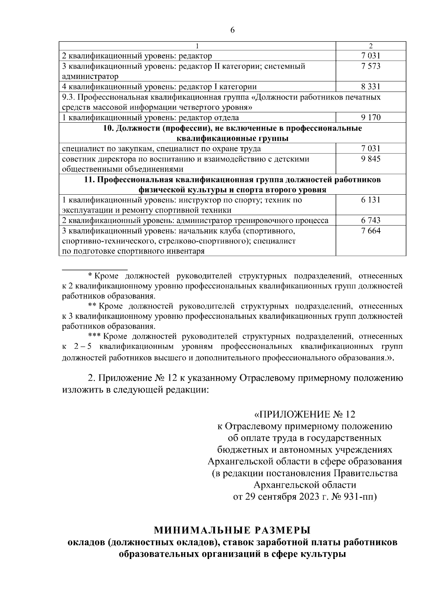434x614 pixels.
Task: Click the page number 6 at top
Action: [x=232, y=30]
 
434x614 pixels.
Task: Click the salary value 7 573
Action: [x=370, y=66]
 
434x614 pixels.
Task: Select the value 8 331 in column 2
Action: [x=370, y=87]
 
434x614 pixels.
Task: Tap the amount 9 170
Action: [x=370, y=118]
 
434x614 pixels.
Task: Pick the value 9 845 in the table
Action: [x=370, y=159]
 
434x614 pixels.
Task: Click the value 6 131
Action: [x=370, y=200]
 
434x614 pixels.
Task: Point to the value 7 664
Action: [x=370, y=231]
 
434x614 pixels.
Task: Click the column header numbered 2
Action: [x=370, y=46]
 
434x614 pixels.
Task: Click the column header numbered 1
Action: [x=197, y=46]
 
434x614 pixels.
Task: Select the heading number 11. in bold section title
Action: [x=89, y=180]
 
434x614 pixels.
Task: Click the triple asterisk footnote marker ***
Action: [x=95, y=336]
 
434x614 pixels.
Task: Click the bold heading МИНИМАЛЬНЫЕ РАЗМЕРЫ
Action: [x=232, y=531]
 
